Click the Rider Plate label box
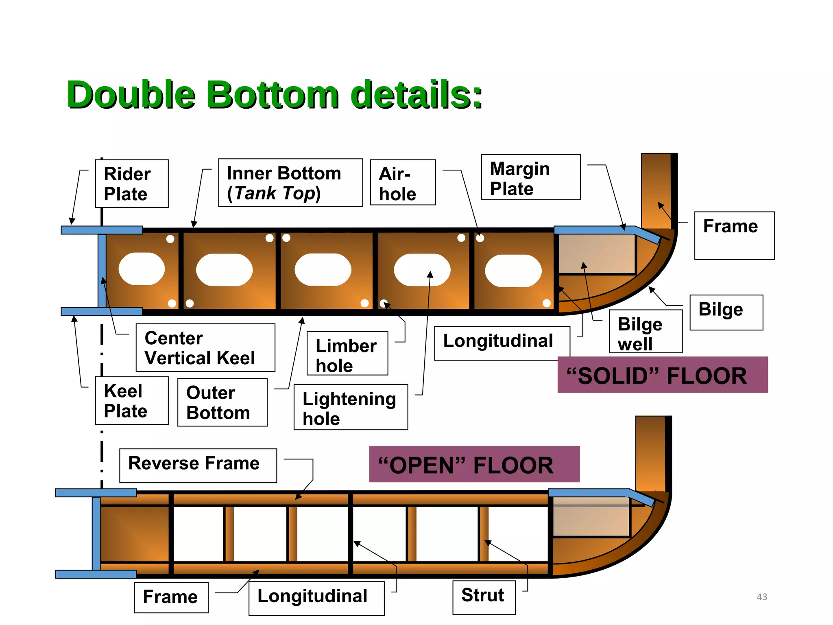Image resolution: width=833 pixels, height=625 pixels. (x=132, y=184)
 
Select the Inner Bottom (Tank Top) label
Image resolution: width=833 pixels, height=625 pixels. (x=290, y=183)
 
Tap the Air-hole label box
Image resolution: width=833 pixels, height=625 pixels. (x=403, y=183)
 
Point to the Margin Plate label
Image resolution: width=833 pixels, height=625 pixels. (x=530, y=177)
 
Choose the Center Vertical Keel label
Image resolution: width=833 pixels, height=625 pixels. (x=205, y=348)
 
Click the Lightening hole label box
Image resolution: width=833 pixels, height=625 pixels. (x=351, y=407)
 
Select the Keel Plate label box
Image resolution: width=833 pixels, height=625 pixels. (x=132, y=401)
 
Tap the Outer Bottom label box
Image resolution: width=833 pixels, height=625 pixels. (x=222, y=402)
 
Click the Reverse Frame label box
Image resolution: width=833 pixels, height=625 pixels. (x=198, y=465)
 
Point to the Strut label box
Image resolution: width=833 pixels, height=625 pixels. (x=484, y=597)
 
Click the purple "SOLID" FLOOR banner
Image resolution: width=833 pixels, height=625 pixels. (x=662, y=375)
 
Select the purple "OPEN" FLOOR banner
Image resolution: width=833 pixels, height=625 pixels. (x=474, y=464)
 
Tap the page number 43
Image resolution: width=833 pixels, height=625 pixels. (x=762, y=597)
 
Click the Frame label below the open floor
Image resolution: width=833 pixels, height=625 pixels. (x=171, y=597)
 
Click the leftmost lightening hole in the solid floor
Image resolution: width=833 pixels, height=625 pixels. (x=142, y=269)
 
